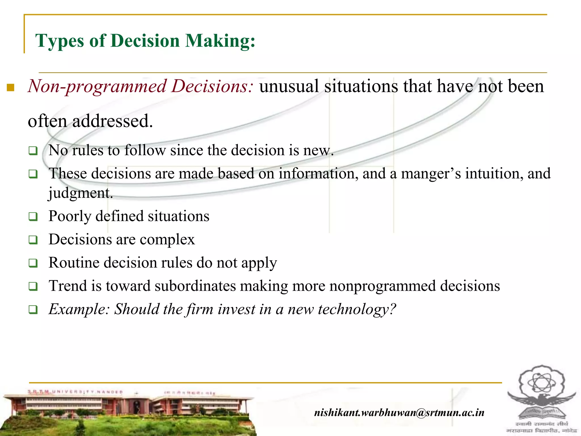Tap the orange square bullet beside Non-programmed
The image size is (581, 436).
[10, 87]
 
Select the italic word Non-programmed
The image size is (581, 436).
[96, 86]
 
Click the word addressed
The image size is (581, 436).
[112, 121]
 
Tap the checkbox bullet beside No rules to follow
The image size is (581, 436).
[33, 151]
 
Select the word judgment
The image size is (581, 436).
[81, 193]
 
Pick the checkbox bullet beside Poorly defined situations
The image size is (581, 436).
[33, 217]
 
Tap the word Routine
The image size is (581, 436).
[74, 263]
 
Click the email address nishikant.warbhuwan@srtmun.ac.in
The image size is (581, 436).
[399, 412]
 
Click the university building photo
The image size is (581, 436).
[128, 412]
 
